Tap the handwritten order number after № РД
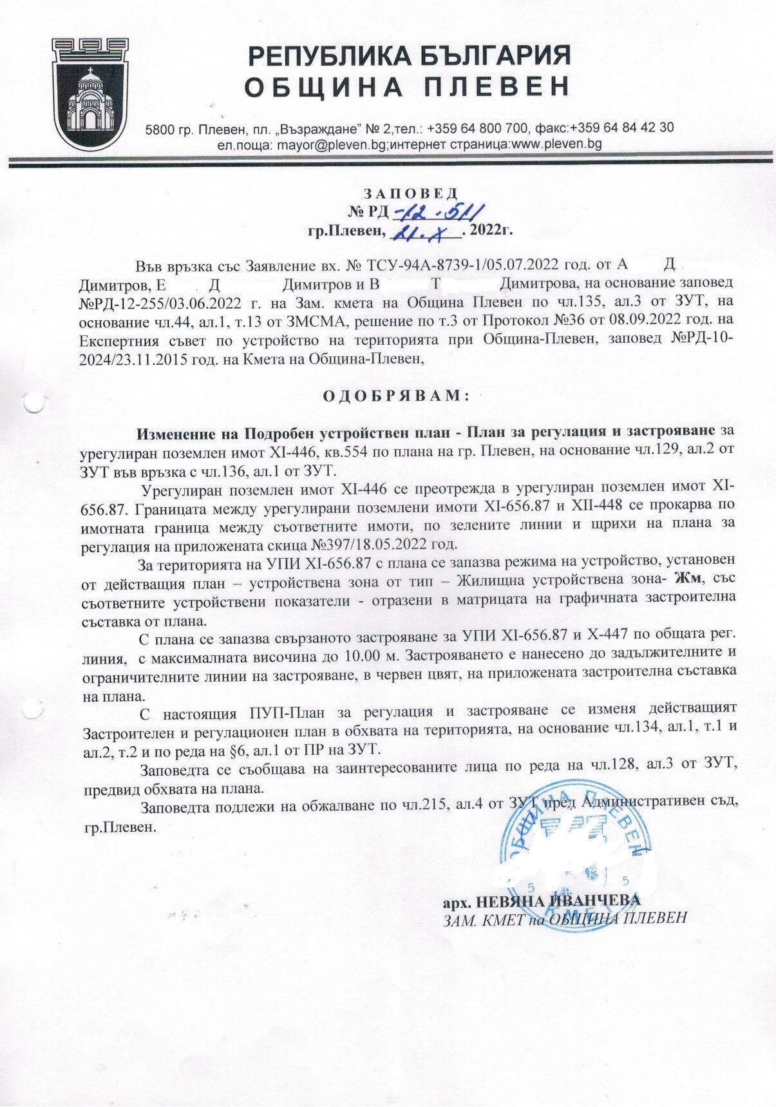tap(438, 211)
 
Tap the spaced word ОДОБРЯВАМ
tap(395, 395)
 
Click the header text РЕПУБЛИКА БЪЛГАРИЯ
tap(410, 56)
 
